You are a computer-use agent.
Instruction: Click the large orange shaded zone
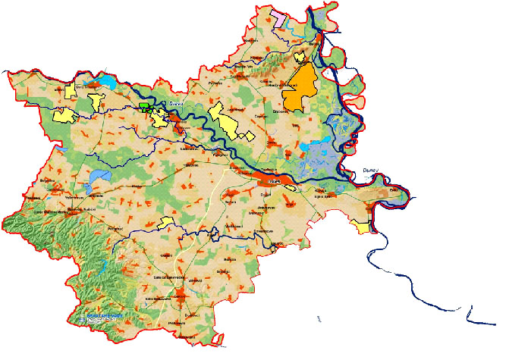(298, 90)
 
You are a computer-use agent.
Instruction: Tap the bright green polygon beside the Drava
(144, 106)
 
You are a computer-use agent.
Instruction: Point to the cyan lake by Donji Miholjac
(105, 81)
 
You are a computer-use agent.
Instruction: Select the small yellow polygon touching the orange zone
(302, 56)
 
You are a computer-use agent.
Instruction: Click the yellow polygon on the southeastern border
(363, 225)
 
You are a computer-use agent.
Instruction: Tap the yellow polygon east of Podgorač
(166, 221)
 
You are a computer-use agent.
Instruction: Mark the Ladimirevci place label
(190, 149)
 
